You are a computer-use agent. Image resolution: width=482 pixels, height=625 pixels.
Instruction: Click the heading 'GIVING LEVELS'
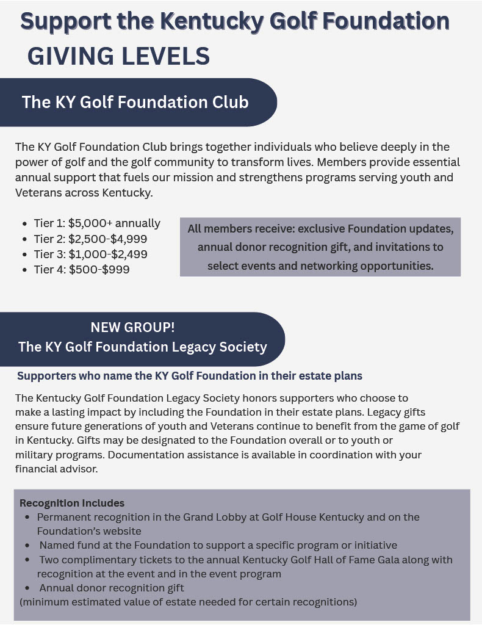click(118, 56)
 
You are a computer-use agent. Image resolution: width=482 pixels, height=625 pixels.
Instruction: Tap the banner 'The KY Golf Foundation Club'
click(135, 101)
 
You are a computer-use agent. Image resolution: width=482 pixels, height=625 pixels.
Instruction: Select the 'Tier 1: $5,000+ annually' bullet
click(97, 223)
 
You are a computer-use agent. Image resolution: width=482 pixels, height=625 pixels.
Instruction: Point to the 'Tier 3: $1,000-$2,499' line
click(90, 254)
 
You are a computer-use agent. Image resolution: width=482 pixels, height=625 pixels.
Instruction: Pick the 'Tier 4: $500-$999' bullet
click(82, 269)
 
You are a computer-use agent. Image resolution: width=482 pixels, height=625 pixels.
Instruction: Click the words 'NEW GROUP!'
click(132, 327)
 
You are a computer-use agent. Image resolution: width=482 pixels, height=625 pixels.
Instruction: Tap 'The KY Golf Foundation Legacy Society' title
click(142, 347)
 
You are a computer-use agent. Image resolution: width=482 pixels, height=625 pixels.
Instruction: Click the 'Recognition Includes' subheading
click(72, 504)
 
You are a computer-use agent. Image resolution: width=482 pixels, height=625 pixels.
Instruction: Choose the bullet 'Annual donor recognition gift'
click(112, 588)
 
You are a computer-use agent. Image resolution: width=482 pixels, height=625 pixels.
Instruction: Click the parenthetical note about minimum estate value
click(188, 602)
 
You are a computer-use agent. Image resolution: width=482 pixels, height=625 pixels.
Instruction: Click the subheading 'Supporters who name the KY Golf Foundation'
click(190, 375)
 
